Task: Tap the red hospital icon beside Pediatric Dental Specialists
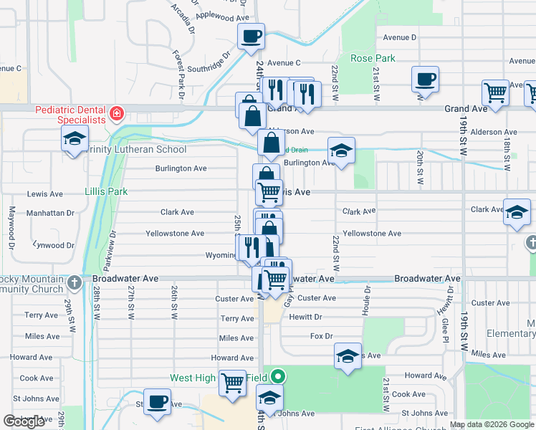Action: [x=115, y=114]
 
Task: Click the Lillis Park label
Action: [x=106, y=191]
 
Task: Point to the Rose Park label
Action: [x=372, y=57]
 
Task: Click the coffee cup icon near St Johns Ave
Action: [x=157, y=401]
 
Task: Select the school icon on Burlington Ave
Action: [x=342, y=150]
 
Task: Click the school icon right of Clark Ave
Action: [x=517, y=211]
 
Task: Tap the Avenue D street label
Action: [x=399, y=37]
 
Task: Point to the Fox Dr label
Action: [x=322, y=335]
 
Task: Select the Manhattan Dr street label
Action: [x=51, y=213]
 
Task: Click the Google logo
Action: [x=24, y=421]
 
